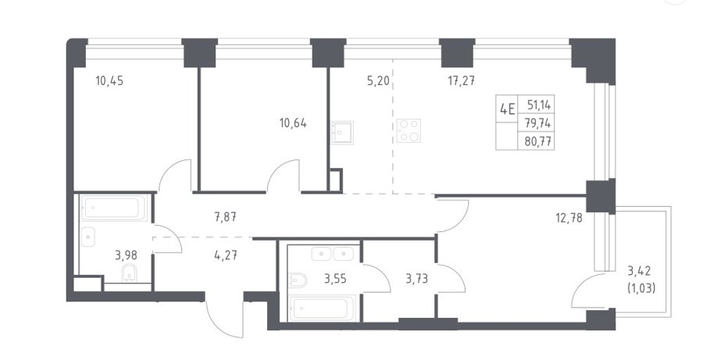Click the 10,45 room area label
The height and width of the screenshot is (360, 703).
(109, 81)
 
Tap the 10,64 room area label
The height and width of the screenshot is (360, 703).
(293, 123)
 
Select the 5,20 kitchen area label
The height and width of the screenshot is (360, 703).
(378, 81)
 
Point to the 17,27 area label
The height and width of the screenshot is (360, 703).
(461, 81)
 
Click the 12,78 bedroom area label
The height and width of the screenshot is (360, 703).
(569, 219)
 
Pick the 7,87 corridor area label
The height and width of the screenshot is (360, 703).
(226, 218)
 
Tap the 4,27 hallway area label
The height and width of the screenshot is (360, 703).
(226, 255)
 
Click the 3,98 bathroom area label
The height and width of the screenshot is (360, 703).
(126, 255)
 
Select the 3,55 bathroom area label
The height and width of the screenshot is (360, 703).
(335, 279)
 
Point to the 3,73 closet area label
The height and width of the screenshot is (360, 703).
(416, 279)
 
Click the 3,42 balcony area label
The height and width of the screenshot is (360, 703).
(639, 271)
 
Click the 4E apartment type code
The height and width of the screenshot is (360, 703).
(507, 109)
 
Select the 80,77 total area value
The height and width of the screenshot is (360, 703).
(540, 142)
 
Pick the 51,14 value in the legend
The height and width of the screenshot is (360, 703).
(540, 105)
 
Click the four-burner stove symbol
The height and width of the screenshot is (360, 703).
(409, 130)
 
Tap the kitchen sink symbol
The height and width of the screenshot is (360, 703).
(341, 132)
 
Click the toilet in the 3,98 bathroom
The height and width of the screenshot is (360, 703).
(130, 273)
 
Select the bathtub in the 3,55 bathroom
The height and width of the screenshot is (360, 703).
(322, 308)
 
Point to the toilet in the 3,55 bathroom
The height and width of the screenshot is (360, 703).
(298, 280)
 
